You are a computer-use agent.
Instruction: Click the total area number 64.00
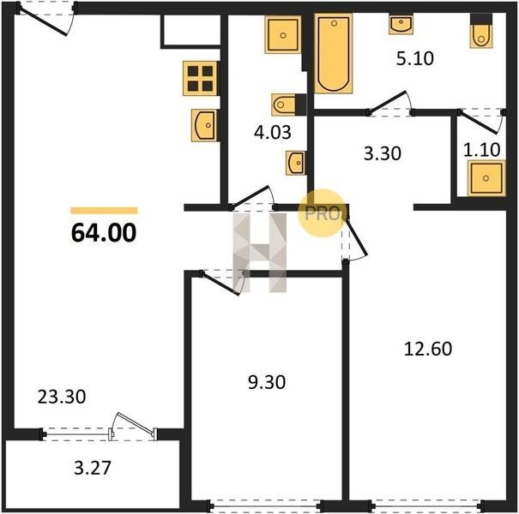(104, 232)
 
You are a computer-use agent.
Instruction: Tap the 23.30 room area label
(62, 397)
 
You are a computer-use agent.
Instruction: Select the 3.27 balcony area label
(93, 468)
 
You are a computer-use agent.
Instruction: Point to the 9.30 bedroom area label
(267, 382)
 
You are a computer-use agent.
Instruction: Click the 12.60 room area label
(428, 349)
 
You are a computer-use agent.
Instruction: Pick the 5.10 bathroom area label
(414, 58)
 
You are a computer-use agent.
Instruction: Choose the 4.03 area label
(273, 132)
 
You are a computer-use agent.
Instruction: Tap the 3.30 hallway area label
(383, 153)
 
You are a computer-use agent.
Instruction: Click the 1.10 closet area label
(481, 150)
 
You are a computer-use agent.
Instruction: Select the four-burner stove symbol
(200, 78)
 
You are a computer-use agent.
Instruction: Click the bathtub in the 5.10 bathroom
(334, 54)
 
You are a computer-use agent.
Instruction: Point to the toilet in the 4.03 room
(288, 105)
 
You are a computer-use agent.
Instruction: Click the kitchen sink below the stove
(204, 126)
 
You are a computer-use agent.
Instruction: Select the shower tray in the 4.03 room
(283, 35)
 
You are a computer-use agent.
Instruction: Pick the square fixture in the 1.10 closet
(486, 178)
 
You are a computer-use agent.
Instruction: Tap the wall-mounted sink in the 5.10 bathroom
(401, 24)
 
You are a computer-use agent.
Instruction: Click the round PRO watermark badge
(322, 213)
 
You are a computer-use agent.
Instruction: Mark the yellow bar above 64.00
(104, 211)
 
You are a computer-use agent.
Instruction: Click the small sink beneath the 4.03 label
(296, 163)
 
